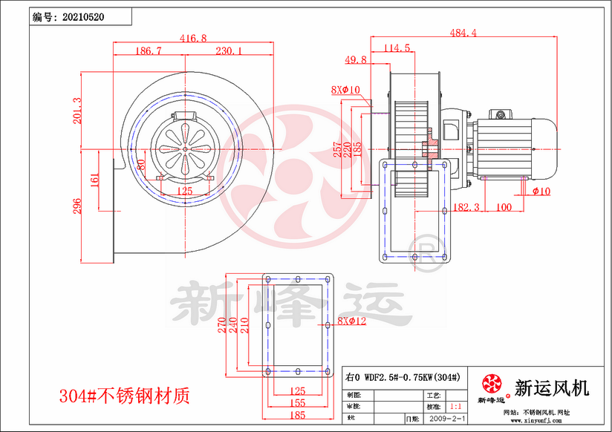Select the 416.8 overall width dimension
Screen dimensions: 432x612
pyautogui.click(x=193, y=37)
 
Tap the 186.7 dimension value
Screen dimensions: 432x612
pyautogui.click(x=149, y=51)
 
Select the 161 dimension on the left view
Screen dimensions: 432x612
pyautogui.click(x=94, y=180)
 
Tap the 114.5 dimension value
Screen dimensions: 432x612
pyautogui.click(x=397, y=48)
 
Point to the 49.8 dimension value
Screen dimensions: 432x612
pyautogui.click(x=356, y=59)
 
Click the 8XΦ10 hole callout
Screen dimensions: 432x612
pyautogui.click(x=345, y=90)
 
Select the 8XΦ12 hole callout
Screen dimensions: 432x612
pyautogui.click(x=352, y=321)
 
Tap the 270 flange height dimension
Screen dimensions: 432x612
pyautogui.click(x=221, y=326)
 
